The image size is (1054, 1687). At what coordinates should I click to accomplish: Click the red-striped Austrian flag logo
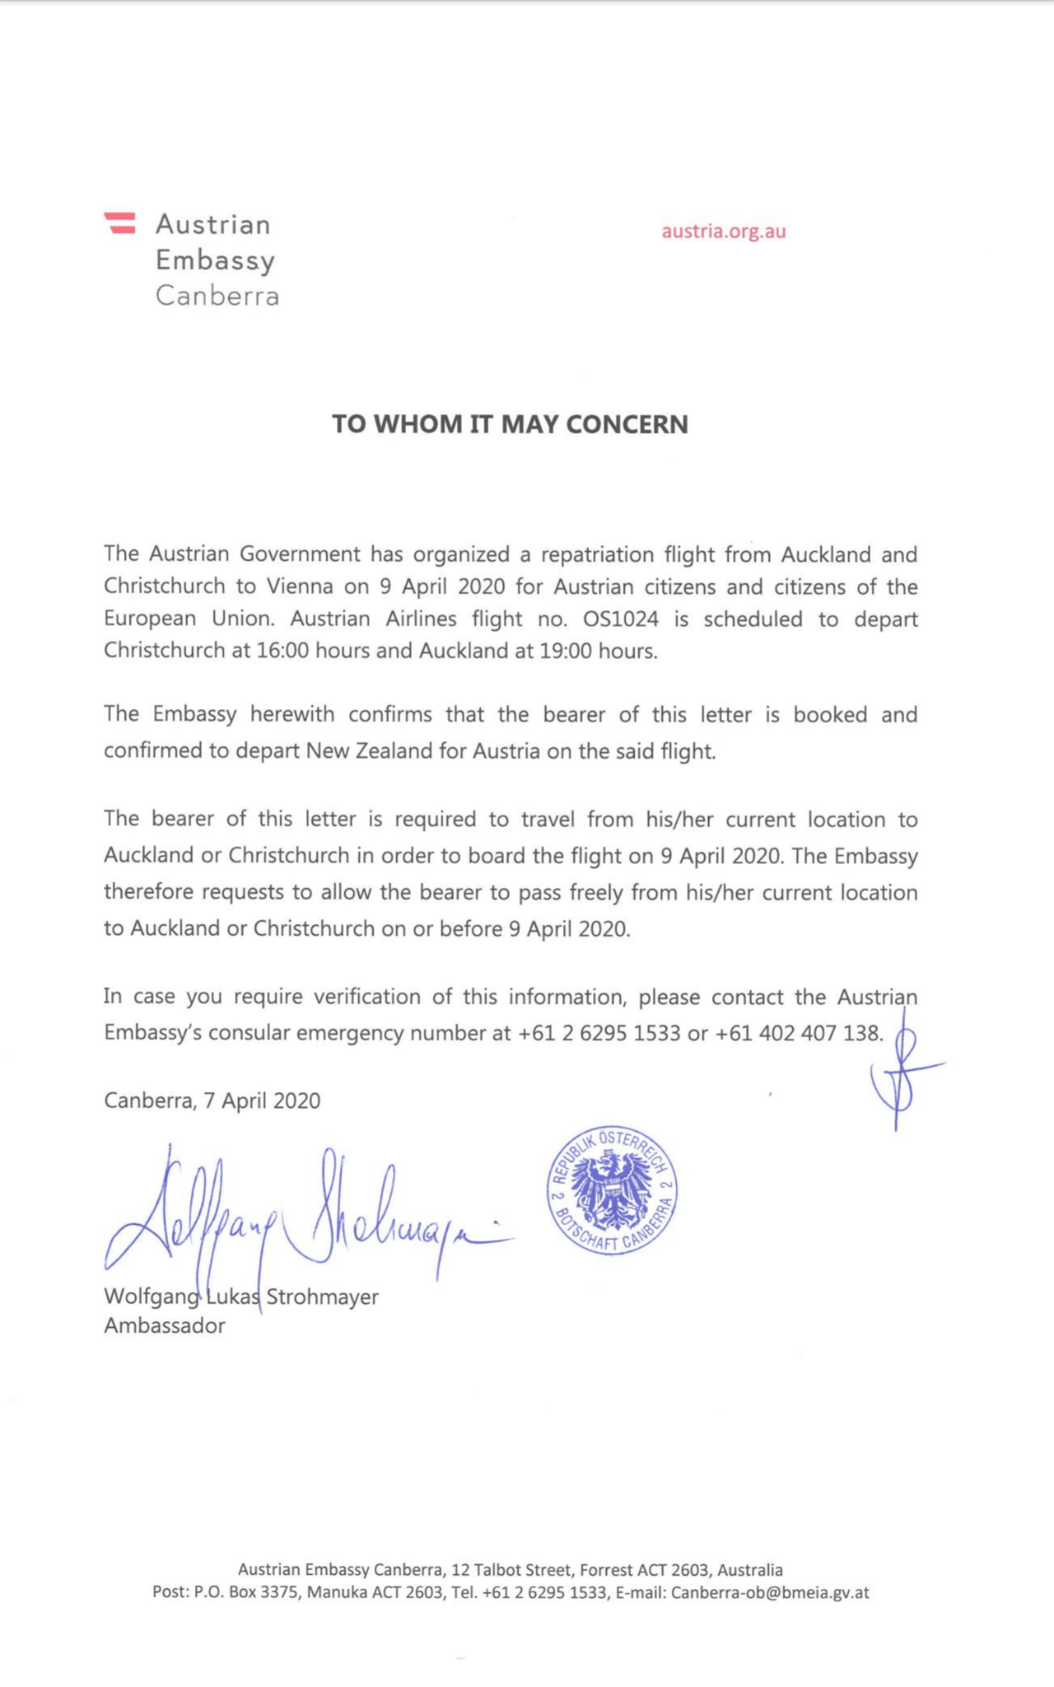point(119,222)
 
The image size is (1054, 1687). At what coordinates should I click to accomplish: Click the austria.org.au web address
point(724,231)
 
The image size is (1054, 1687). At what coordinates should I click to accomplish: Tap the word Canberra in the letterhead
point(217,296)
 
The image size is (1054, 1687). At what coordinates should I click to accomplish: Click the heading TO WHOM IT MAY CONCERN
point(510,424)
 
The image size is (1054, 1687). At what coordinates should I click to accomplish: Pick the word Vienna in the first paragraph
point(301,587)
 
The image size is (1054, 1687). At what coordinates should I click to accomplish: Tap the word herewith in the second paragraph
point(293,714)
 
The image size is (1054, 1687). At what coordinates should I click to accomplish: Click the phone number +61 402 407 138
point(799,1033)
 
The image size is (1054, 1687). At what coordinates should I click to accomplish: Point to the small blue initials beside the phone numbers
point(902,1071)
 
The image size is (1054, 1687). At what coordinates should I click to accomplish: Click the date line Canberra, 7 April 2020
point(212,1101)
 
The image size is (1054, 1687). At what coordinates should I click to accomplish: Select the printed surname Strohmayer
point(322,1297)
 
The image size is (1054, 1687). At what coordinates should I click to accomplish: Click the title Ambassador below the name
point(164,1326)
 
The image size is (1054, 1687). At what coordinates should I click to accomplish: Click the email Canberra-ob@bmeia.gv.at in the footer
point(770,1592)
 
